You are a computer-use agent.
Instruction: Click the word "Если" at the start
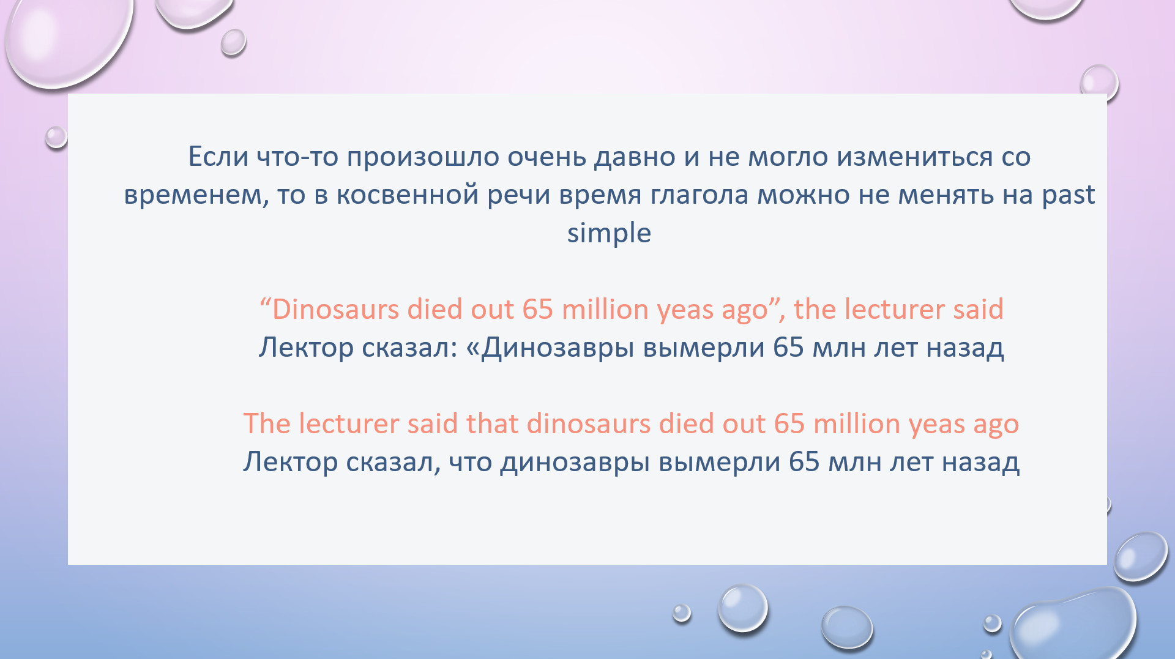coord(218,157)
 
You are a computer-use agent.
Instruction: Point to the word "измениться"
coord(915,157)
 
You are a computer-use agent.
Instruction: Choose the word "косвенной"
coord(408,195)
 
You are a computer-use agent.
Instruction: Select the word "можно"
coord(803,195)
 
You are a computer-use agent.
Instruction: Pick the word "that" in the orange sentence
coord(492,423)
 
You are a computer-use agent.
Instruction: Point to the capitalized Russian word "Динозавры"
coord(558,348)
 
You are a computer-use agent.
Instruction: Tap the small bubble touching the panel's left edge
coord(56,137)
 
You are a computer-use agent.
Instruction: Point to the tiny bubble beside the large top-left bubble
coord(233,42)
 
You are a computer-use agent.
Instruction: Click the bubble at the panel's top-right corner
coord(1099,83)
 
